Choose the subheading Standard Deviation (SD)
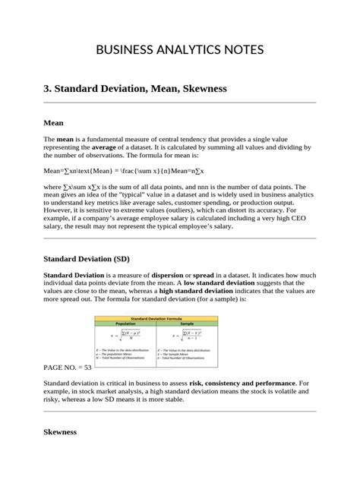click(x=85, y=259)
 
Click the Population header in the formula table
click(x=125, y=323)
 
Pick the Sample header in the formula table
click(x=187, y=323)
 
